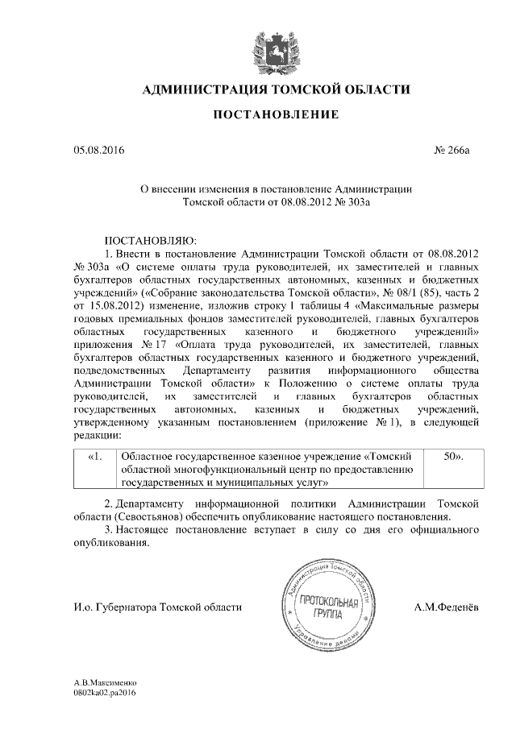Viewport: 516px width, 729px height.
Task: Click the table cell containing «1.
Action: click(x=95, y=456)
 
